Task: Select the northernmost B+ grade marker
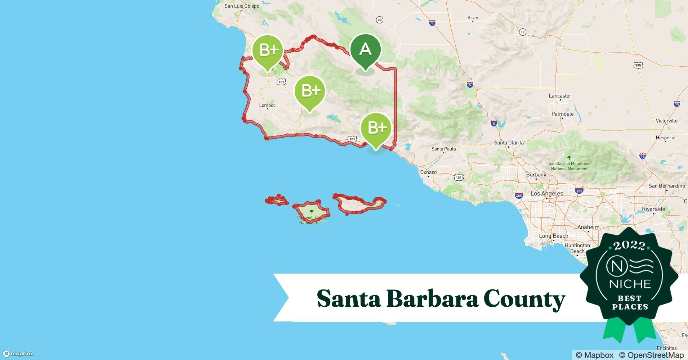[267, 50]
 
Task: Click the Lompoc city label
[267, 105]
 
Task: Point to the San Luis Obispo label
[242, 6]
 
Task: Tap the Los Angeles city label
[546, 193]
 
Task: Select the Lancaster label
[560, 96]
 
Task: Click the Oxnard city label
[428, 172]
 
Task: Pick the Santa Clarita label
[509, 143]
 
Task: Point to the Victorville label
[666, 121]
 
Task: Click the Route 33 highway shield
[379, 20]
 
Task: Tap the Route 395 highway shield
[638, 65]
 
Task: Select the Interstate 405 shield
[519, 195]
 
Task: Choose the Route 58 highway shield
[522, 32]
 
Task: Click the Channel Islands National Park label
[312, 220]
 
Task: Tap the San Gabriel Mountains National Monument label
[569, 166]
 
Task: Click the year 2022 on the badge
[629, 246]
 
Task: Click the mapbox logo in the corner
[18, 354]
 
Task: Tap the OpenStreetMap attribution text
[651, 355]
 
